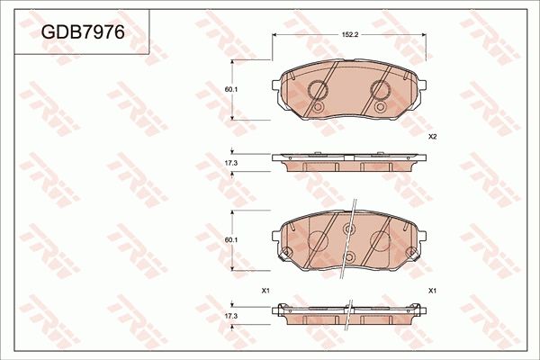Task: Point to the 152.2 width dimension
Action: [350, 33]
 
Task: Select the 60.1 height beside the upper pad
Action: [230, 89]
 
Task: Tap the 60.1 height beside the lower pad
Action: [230, 239]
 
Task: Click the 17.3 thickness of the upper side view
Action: [230, 163]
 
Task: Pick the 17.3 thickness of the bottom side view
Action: [230, 317]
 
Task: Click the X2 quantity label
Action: [432, 137]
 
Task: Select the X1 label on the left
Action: [265, 291]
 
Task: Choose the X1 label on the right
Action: [432, 291]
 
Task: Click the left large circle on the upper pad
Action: [319, 89]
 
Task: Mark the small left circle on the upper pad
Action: [317, 107]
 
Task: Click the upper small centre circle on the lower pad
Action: [350, 229]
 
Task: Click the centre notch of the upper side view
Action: [350, 163]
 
